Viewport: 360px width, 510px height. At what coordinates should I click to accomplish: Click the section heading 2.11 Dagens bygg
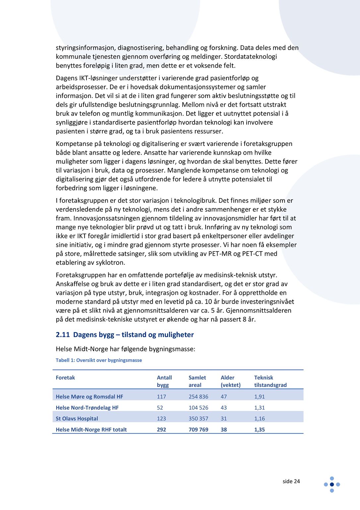(125, 334)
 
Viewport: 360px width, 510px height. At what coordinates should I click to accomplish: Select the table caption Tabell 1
(99, 360)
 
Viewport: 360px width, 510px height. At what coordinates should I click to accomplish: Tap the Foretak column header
(65, 378)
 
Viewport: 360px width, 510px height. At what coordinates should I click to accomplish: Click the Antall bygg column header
(164, 381)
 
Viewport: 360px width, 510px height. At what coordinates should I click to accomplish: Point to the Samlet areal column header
(197, 381)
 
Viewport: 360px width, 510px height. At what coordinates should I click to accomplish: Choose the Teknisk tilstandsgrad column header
(270, 381)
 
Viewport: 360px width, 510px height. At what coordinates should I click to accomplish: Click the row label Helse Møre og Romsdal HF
(89, 397)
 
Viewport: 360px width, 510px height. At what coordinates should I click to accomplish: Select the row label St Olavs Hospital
(77, 418)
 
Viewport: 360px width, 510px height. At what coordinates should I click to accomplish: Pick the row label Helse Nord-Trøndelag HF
(87, 407)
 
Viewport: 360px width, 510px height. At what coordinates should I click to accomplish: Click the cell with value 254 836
(198, 397)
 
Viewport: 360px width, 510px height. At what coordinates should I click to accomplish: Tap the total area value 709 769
(198, 429)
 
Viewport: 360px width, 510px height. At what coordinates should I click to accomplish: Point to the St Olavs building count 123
(161, 418)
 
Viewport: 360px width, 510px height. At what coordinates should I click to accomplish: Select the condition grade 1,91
(260, 397)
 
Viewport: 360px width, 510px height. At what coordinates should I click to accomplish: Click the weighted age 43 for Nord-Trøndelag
(224, 407)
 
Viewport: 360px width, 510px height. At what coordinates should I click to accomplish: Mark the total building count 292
(161, 429)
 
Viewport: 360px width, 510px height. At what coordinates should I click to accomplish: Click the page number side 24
(291, 481)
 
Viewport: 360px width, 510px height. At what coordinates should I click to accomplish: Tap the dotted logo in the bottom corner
(332, 484)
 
